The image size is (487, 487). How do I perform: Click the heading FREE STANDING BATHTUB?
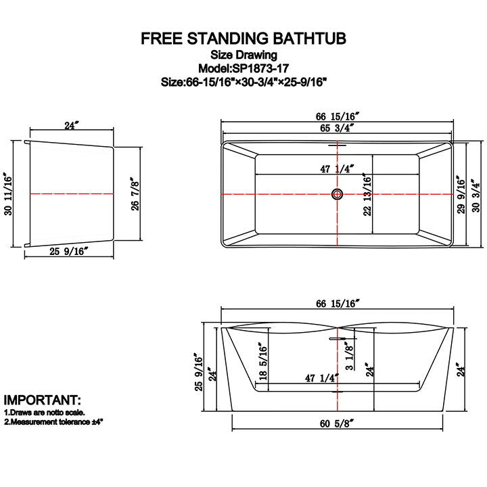(243, 39)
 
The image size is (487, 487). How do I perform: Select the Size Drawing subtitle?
(243, 55)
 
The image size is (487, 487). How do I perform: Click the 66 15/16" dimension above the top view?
(336, 115)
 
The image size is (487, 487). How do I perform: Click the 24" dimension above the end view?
(71, 124)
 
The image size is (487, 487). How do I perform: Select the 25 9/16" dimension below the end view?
(70, 252)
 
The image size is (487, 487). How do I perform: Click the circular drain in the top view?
(336, 195)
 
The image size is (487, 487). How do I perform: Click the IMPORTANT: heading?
(42, 400)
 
